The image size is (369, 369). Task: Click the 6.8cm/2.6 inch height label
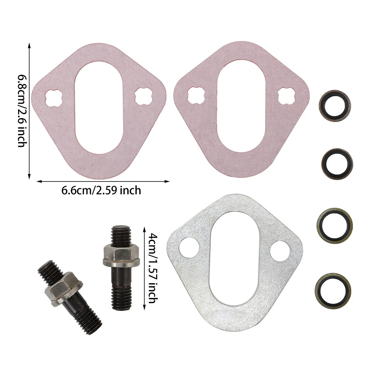click(x=23, y=111)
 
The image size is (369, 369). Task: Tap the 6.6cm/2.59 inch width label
click(x=101, y=190)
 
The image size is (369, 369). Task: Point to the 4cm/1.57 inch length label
click(x=153, y=268)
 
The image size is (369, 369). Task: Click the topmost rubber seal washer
click(x=334, y=106)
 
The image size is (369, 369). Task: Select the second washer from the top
click(x=337, y=164)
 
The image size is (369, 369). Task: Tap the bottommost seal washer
click(x=333, y=289)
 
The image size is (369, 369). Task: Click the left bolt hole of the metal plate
click(x=189, y=248)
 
